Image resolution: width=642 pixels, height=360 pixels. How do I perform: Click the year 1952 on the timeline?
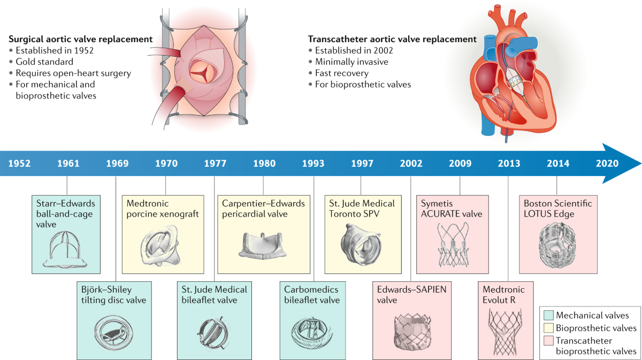pos(19,164)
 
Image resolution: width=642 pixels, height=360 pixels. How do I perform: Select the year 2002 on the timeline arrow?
pos(411,164)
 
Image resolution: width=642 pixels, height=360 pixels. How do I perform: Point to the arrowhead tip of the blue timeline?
pos(640,164)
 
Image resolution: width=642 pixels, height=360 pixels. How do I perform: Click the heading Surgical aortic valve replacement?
pos(81,40)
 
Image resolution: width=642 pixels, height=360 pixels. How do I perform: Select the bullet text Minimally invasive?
pos(351,62)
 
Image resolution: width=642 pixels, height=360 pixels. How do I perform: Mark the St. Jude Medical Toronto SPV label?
pos(361,209)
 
